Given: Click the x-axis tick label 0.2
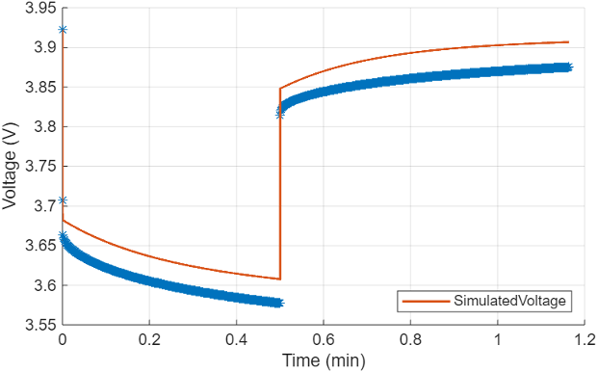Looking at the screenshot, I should [x=149, y=339].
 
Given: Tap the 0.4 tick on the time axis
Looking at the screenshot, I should [x=237, y=339].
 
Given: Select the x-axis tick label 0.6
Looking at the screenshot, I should [x=324, y=339].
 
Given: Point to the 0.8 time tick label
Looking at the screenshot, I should [x=410, y=339].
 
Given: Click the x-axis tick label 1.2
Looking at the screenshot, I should [x=584, y=339].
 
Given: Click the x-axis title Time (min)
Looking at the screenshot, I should [x=324, y=359].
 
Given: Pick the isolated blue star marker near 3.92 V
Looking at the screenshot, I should [x=63, y=31].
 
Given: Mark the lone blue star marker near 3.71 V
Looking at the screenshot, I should [x=63, y=200].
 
